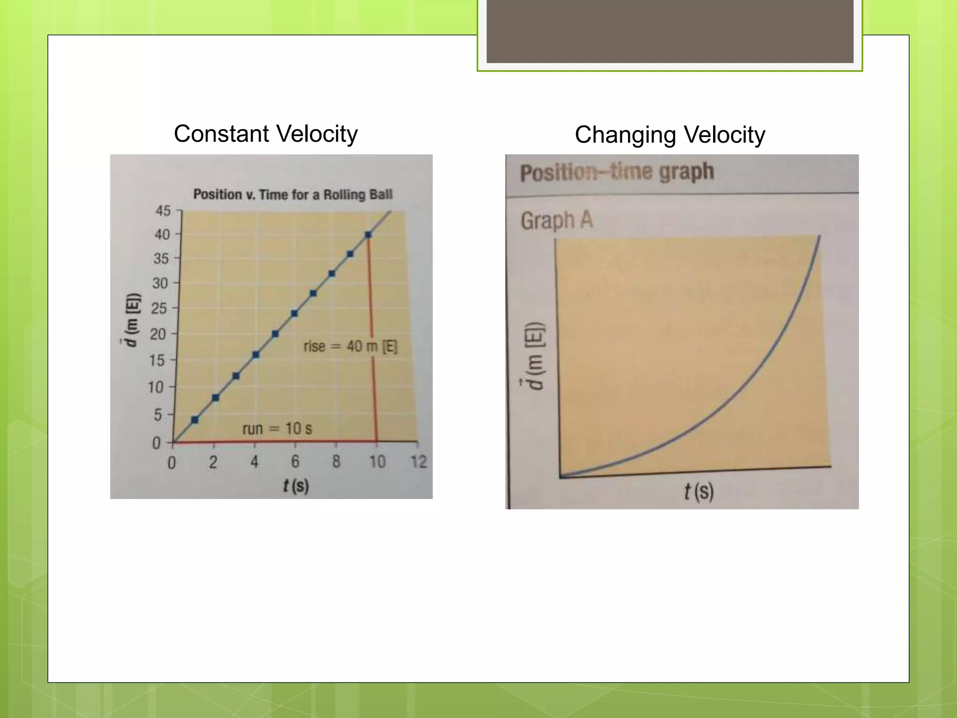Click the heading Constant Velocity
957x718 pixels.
click(265, 134)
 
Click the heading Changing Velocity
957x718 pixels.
click(670, 135)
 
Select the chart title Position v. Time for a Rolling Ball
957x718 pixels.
click(293, 194)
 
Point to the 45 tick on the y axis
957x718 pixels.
click(164, 211)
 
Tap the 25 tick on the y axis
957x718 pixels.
click(159, 309)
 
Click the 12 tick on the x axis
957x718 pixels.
click(418, 462)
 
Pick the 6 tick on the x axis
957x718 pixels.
click(295, 462)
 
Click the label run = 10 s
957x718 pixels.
click(277, 429)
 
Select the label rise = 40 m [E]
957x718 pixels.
click(350, 347)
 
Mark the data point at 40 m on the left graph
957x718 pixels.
click(368, 235)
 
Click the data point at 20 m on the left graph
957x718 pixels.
click(275, 334)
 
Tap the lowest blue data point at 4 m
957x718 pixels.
click(195, 420)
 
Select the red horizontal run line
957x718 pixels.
click(276, 441)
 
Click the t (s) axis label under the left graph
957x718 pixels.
click(296, 486)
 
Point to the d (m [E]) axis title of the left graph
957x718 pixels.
click(133, 320)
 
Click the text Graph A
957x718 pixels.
click(557, 220)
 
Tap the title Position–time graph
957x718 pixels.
click(617, 172)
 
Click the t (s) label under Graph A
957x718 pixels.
click(699, 492)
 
